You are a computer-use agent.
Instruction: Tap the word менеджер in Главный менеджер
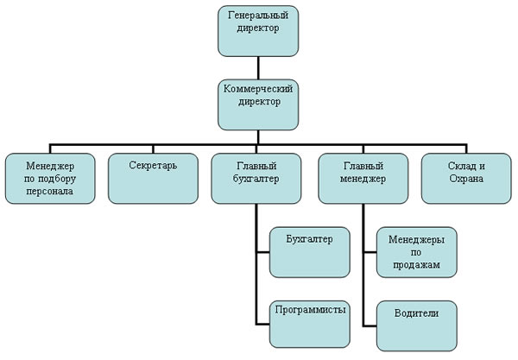(362, 179)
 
